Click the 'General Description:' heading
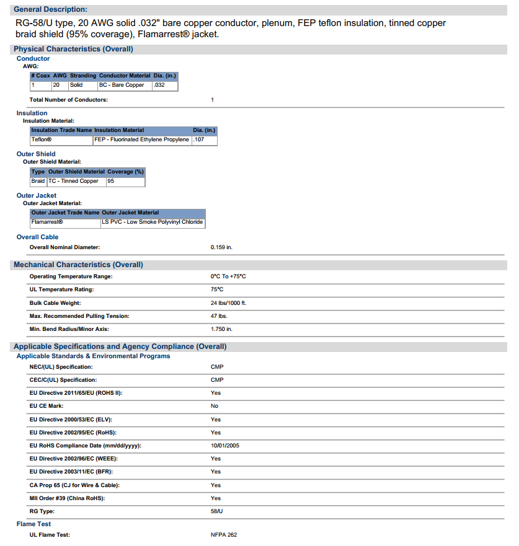(x=50, y=9)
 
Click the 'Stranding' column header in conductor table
(x=82, y=76)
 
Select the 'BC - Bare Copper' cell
(x=122, y=85)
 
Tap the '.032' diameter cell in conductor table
(x=159, y=85)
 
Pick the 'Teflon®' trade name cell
(x=42, y=139)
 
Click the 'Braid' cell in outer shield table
(x=38, y=181)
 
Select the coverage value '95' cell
(x=110, y=181)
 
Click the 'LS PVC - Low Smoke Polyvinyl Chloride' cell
(x=152, y=222)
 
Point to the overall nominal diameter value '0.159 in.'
(x=221, y=247)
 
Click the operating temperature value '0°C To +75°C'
(x=228, y=276)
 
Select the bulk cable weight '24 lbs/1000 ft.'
(x=229, y=303)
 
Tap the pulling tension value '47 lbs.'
(x=219, y=316)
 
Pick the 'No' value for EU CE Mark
(x=215, y=406)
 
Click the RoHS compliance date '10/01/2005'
(x=224, y=446)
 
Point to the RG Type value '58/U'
(x=217, y=511)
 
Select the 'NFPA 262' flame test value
(x=224, y=534)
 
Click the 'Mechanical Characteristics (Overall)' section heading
(x=78, y=265)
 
